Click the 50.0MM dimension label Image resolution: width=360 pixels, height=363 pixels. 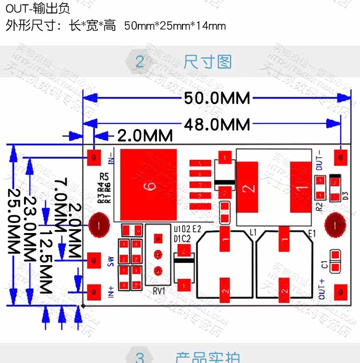(x=217, y=98)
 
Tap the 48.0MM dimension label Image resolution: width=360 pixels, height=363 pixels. (x=217, y=125)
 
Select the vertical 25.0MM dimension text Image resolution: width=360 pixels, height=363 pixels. (x=15, y=221)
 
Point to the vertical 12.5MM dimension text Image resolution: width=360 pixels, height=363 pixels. (x=46, y=261)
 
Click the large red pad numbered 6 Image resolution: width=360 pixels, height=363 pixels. (x=148, y=185)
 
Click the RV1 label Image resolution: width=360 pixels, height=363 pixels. (x=159, y=290)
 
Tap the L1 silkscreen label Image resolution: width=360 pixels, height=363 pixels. (x=253, y=233)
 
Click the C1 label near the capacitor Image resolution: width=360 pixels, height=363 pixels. (x=325, y=264)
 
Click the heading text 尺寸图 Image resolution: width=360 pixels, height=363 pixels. (x=207, y=62)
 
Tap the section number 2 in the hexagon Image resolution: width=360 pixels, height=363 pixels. (x=140, y=62)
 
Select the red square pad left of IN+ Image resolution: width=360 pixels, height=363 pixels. (x=94, y=290)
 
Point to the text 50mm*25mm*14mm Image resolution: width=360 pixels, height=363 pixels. (x=175, y=26)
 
